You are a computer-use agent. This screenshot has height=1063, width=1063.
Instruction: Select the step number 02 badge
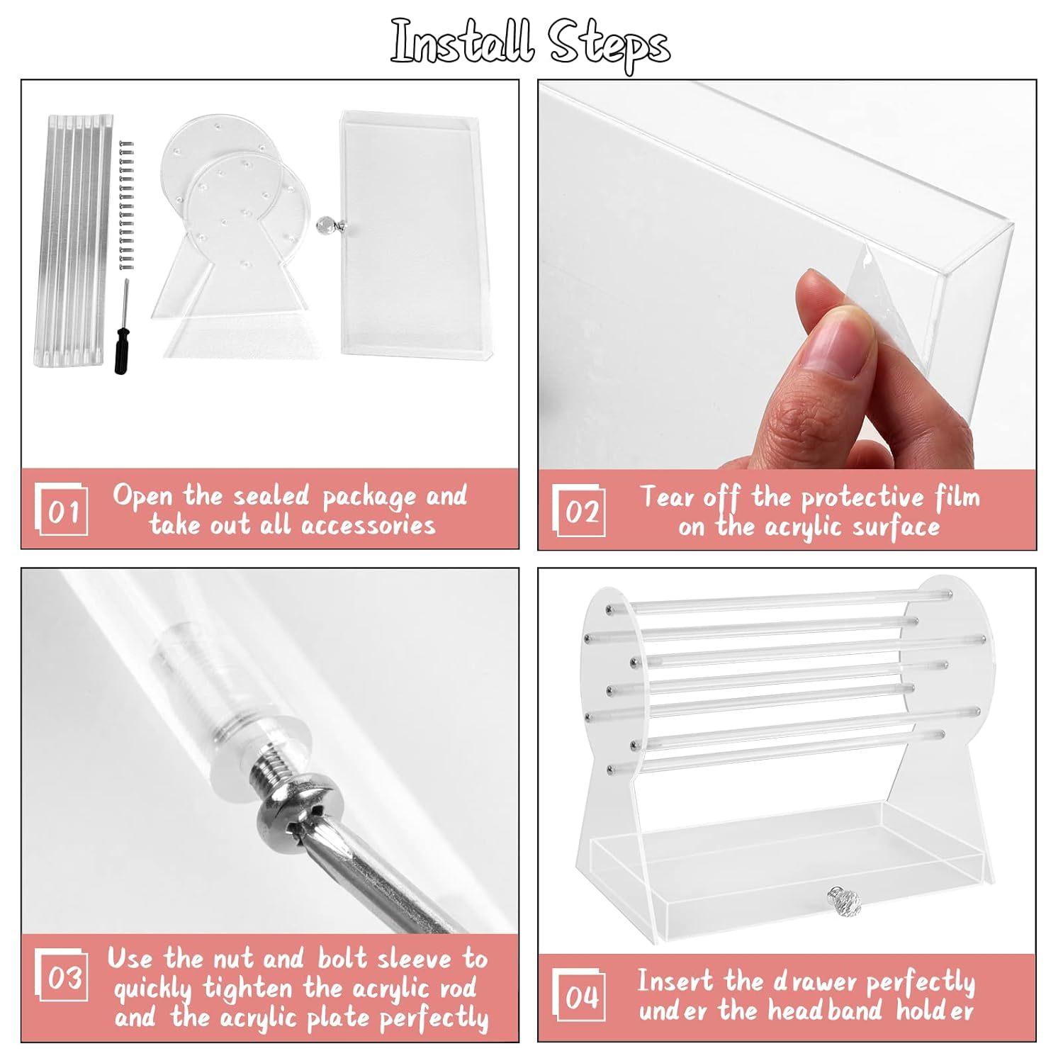[579, 510]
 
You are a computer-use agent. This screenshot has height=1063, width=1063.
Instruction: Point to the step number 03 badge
[62, 977]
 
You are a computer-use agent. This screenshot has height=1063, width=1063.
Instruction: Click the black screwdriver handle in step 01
[120, 357]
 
